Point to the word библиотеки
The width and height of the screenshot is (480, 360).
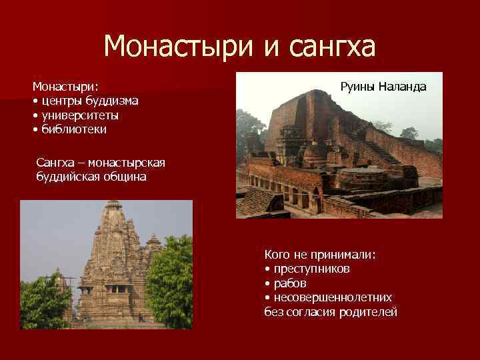(x=73, y=129)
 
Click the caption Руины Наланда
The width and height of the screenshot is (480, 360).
(x=383, y=87)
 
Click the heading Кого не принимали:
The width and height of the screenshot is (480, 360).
(x=320, y=254)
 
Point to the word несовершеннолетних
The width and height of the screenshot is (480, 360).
(x=332, y=297)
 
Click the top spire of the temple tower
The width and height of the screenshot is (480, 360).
(x=113, y=205)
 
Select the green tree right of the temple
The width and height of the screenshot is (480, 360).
(x=170, y=280)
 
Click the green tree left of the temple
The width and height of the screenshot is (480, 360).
(x=43, y=300)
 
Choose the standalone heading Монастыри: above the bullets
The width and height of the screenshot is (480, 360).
(x=65, y=87)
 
